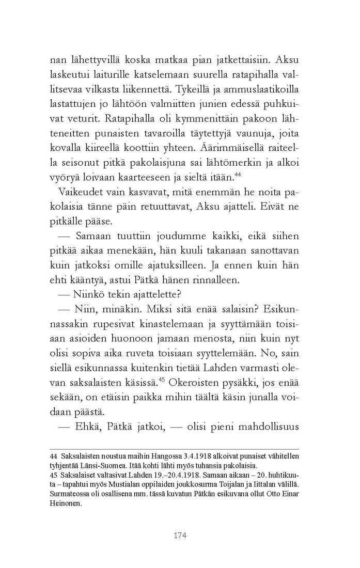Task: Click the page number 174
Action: pyautogui.click(x=180, y=535)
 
